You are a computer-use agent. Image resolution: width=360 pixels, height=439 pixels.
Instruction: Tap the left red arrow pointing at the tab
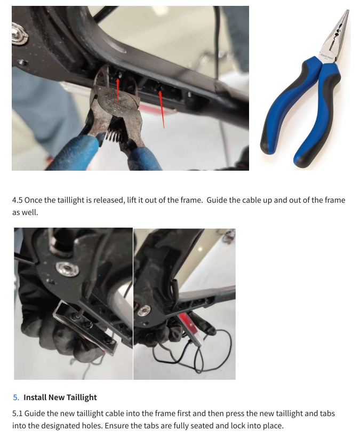click(x=118, y=90)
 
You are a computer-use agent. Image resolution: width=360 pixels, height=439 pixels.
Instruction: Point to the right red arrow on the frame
click(x=162, y=109)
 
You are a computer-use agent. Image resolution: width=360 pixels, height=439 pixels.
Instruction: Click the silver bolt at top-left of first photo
click(x=19, y=34)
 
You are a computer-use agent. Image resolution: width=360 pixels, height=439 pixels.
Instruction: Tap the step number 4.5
click(x=17, y=200)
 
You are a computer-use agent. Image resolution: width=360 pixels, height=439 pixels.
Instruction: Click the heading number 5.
click(x=16, y=397)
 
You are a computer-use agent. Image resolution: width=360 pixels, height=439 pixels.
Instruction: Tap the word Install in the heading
click(x=35, y=397)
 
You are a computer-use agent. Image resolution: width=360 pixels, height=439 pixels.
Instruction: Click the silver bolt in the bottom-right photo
click(x=143, y=310)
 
